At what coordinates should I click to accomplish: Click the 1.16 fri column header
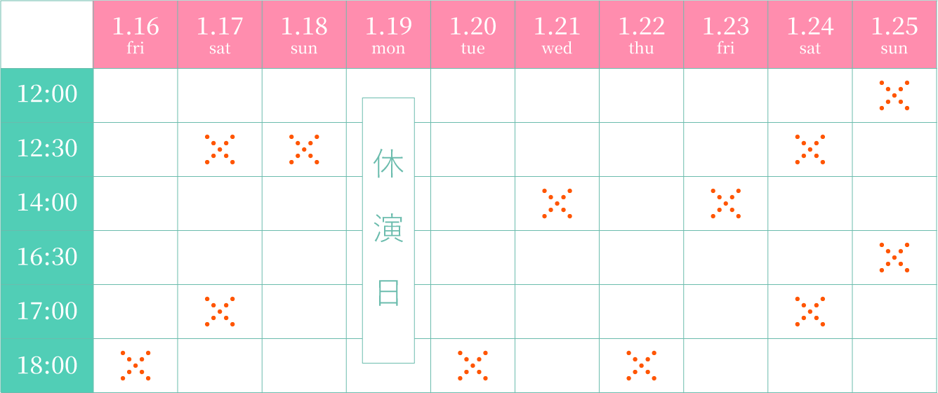click(136, 34)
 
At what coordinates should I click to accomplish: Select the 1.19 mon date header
click(388, 34)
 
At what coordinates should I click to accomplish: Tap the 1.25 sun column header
click(894, 34)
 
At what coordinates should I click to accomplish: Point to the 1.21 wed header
click(557, 34)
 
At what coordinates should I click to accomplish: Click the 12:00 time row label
click(47, 94)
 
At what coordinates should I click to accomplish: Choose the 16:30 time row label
click(47, 257)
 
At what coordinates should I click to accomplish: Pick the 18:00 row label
click(47, 366)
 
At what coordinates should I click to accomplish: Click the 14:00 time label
click(47, 203)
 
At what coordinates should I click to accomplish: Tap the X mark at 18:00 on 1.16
click(136, 366)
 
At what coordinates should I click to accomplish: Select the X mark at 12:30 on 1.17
click(220, 149)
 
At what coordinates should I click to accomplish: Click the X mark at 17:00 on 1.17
click(220, 312)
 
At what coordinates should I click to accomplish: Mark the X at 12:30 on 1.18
click(304, 149)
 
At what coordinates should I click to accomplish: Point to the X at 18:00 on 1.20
click(473, 366)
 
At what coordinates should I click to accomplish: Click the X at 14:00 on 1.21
click(557, 204)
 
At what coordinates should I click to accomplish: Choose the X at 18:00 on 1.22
click(642, 366)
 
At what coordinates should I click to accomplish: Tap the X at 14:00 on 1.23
click(726, 204)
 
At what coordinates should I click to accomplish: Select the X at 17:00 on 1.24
click(810, 312)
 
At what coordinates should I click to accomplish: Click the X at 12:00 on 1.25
click(894, 95)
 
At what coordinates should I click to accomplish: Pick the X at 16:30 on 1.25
click(894, 258)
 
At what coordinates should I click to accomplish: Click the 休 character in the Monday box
click(388, 164)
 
